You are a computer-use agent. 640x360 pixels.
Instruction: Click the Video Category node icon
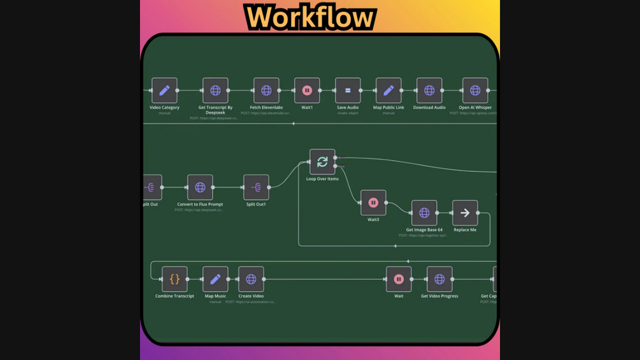pyautogui.click(x=164, y=90)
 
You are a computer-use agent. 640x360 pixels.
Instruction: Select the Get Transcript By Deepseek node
pyautogui.click(x=215, y=90)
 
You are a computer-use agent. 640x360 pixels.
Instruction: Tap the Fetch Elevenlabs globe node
pyautogui.click(x=266, y=90)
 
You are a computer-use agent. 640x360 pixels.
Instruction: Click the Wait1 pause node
pyautogui.click(x=307, y=90)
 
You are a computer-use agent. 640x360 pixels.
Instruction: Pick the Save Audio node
pyautogui.click(x=348, y=90)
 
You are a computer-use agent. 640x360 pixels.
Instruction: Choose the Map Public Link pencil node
pyautogui.click(x=388, y=90)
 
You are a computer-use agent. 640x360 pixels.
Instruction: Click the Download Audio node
pyautogui.click(x=429, y=90)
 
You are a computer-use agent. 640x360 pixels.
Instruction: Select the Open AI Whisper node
pyautogui.click(x=475, y=90)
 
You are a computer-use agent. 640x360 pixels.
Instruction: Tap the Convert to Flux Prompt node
pyautogui.click(x=200, y=187)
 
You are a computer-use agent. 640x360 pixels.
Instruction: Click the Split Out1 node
pyautogui.click(x=256, y=187)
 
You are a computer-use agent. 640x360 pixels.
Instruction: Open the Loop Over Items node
pyautogui.click(x=322, y=162)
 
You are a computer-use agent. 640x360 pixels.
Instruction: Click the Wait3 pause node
pyautogui.click(x=373, y=203)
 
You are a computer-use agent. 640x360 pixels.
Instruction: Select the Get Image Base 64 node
pyautogui.click(x=424, y=213)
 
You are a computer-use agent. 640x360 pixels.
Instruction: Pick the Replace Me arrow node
pyautogui.click(x=465, y=213)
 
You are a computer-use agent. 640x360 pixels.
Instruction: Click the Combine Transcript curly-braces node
pyautogui.click(x=174, y=279)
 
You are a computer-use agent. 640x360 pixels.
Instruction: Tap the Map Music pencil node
pyautogui.click(x=215, y=279)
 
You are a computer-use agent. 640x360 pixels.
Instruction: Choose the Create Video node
pyautogui.click(x=251, y=279)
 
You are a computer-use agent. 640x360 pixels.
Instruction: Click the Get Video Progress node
pyautogui.click(x=439, y=279)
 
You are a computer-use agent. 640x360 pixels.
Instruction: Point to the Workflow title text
pyautogui.click(x=310, y=17)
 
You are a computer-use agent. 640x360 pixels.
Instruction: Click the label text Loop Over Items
pyautogui.click(x=322, y=179)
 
